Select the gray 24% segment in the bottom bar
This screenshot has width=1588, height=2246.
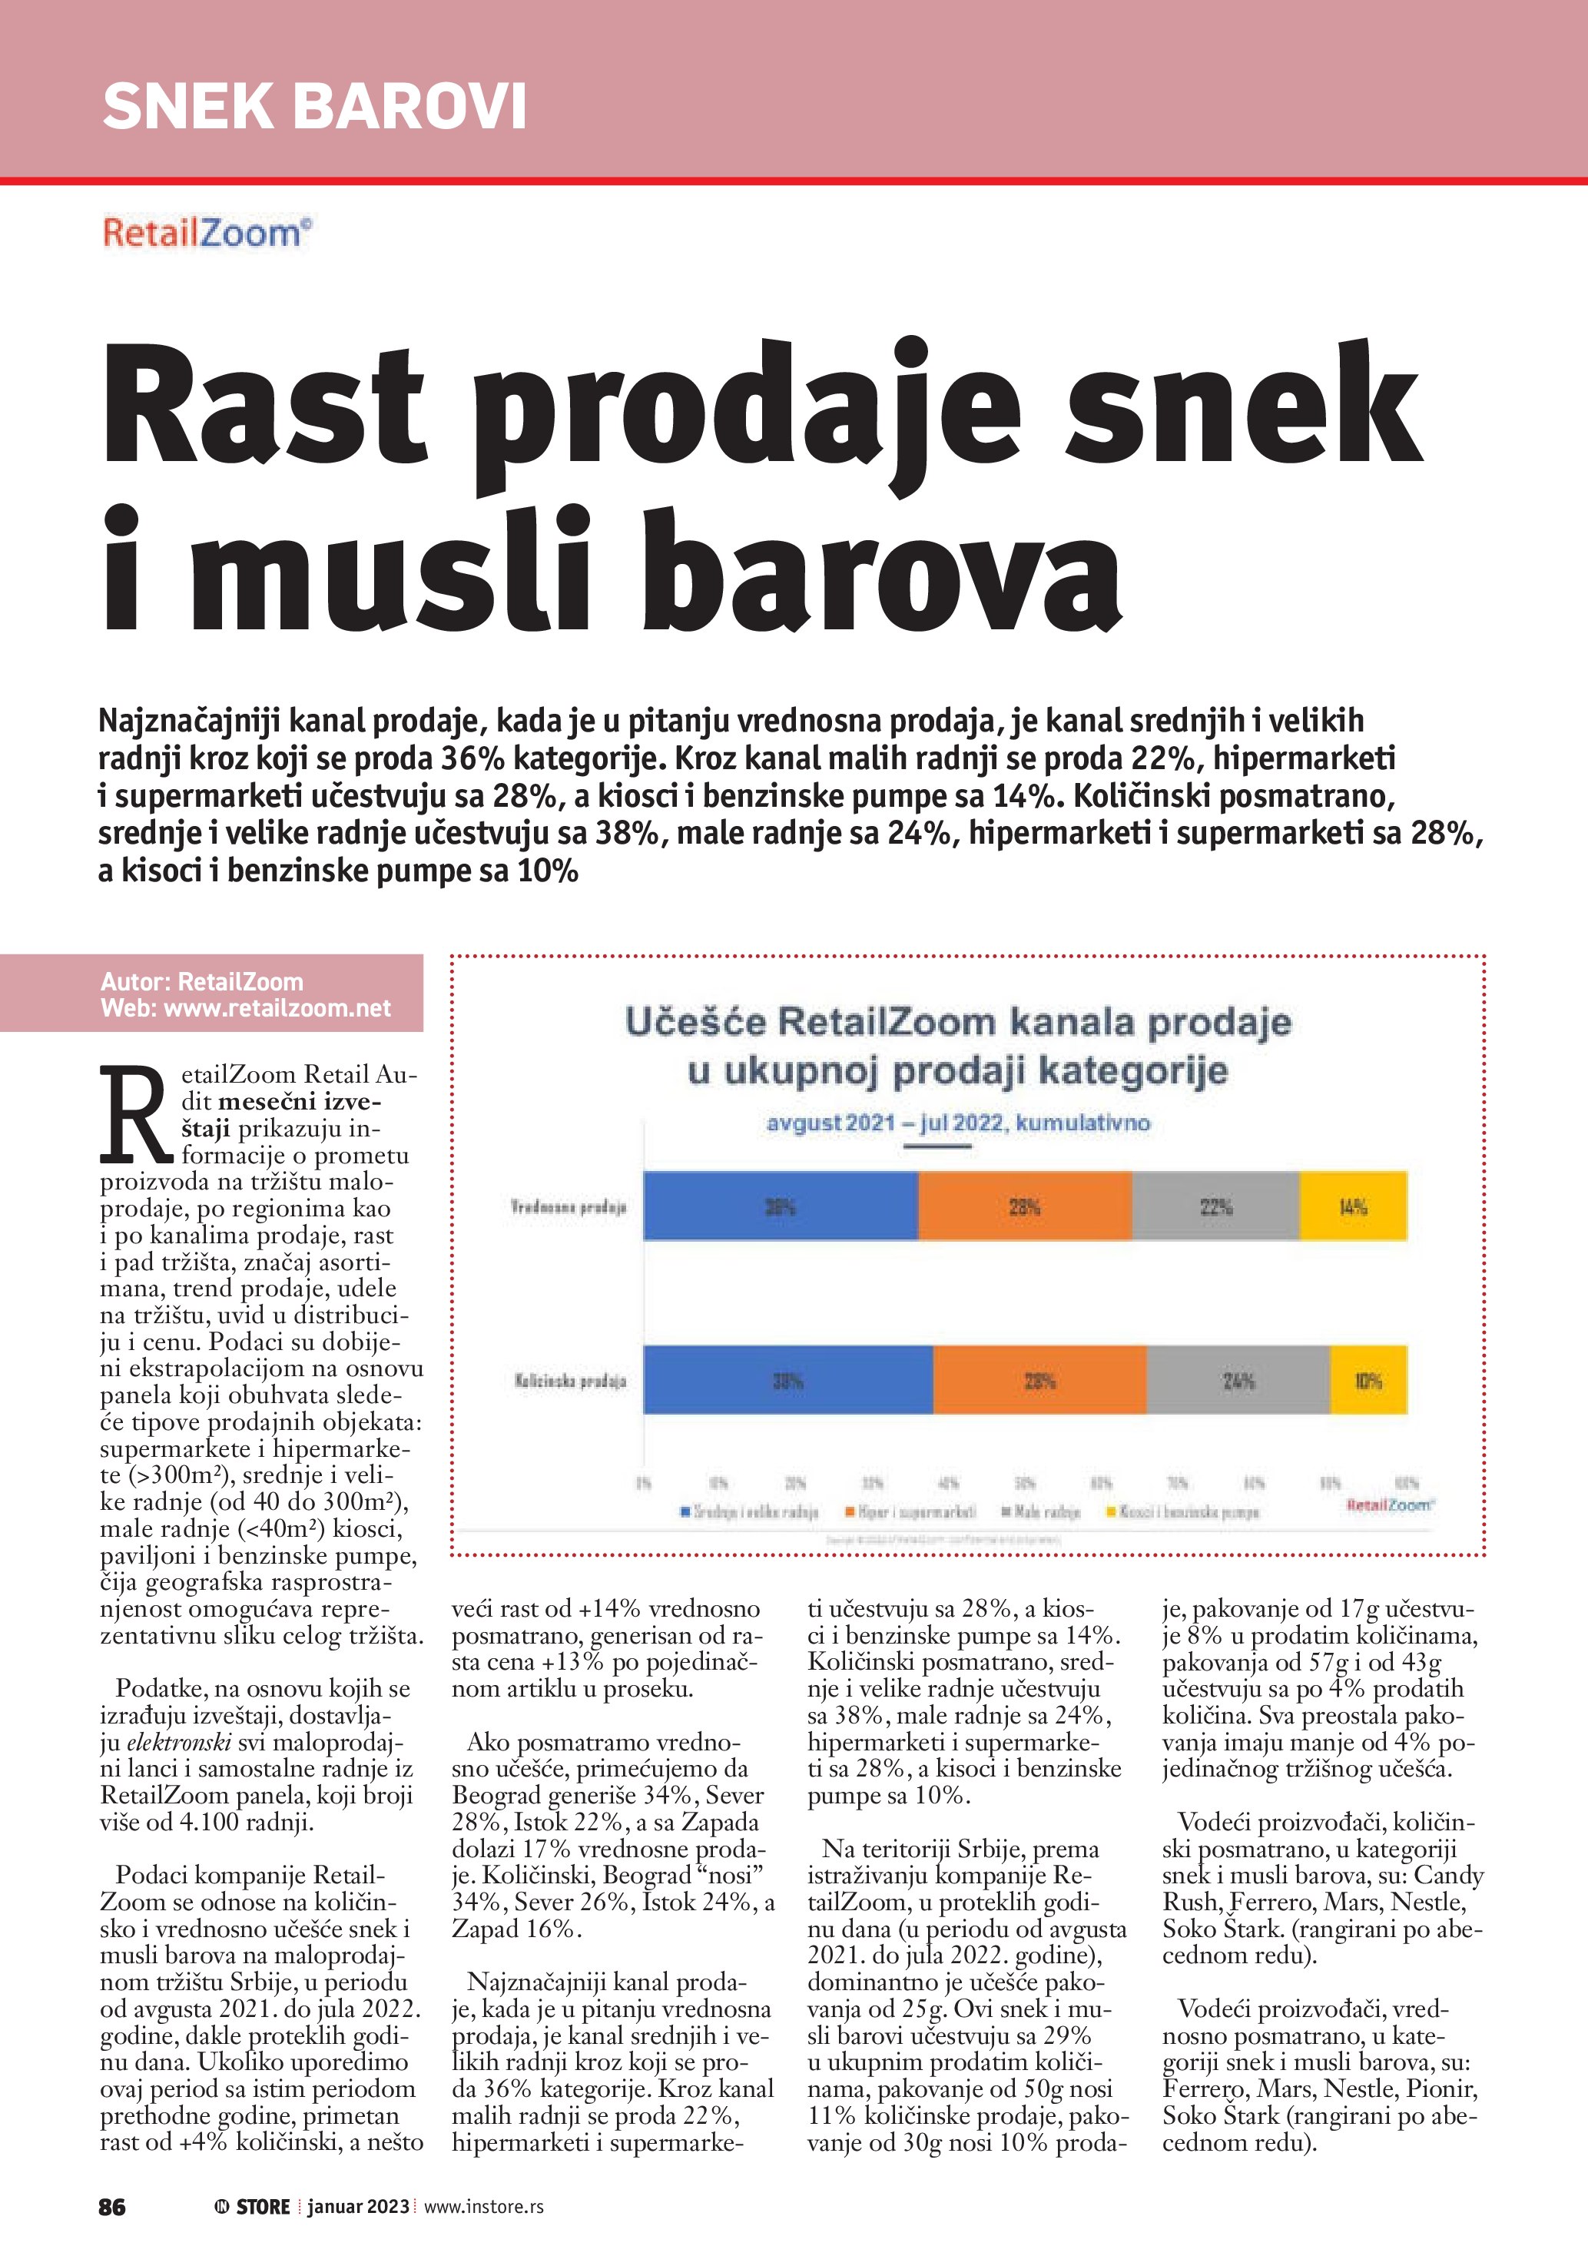[1237, 1380]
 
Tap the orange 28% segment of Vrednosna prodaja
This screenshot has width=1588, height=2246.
[1024, 1206]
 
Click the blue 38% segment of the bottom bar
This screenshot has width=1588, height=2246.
[787, 1380]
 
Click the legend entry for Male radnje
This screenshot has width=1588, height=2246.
[1046, 1512]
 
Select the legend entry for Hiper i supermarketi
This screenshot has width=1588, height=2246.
[915, 1512]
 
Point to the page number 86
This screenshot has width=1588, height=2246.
[112, 2207]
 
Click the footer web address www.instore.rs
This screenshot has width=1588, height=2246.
[483, 2207]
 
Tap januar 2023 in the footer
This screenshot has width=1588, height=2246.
[358, 2207]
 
